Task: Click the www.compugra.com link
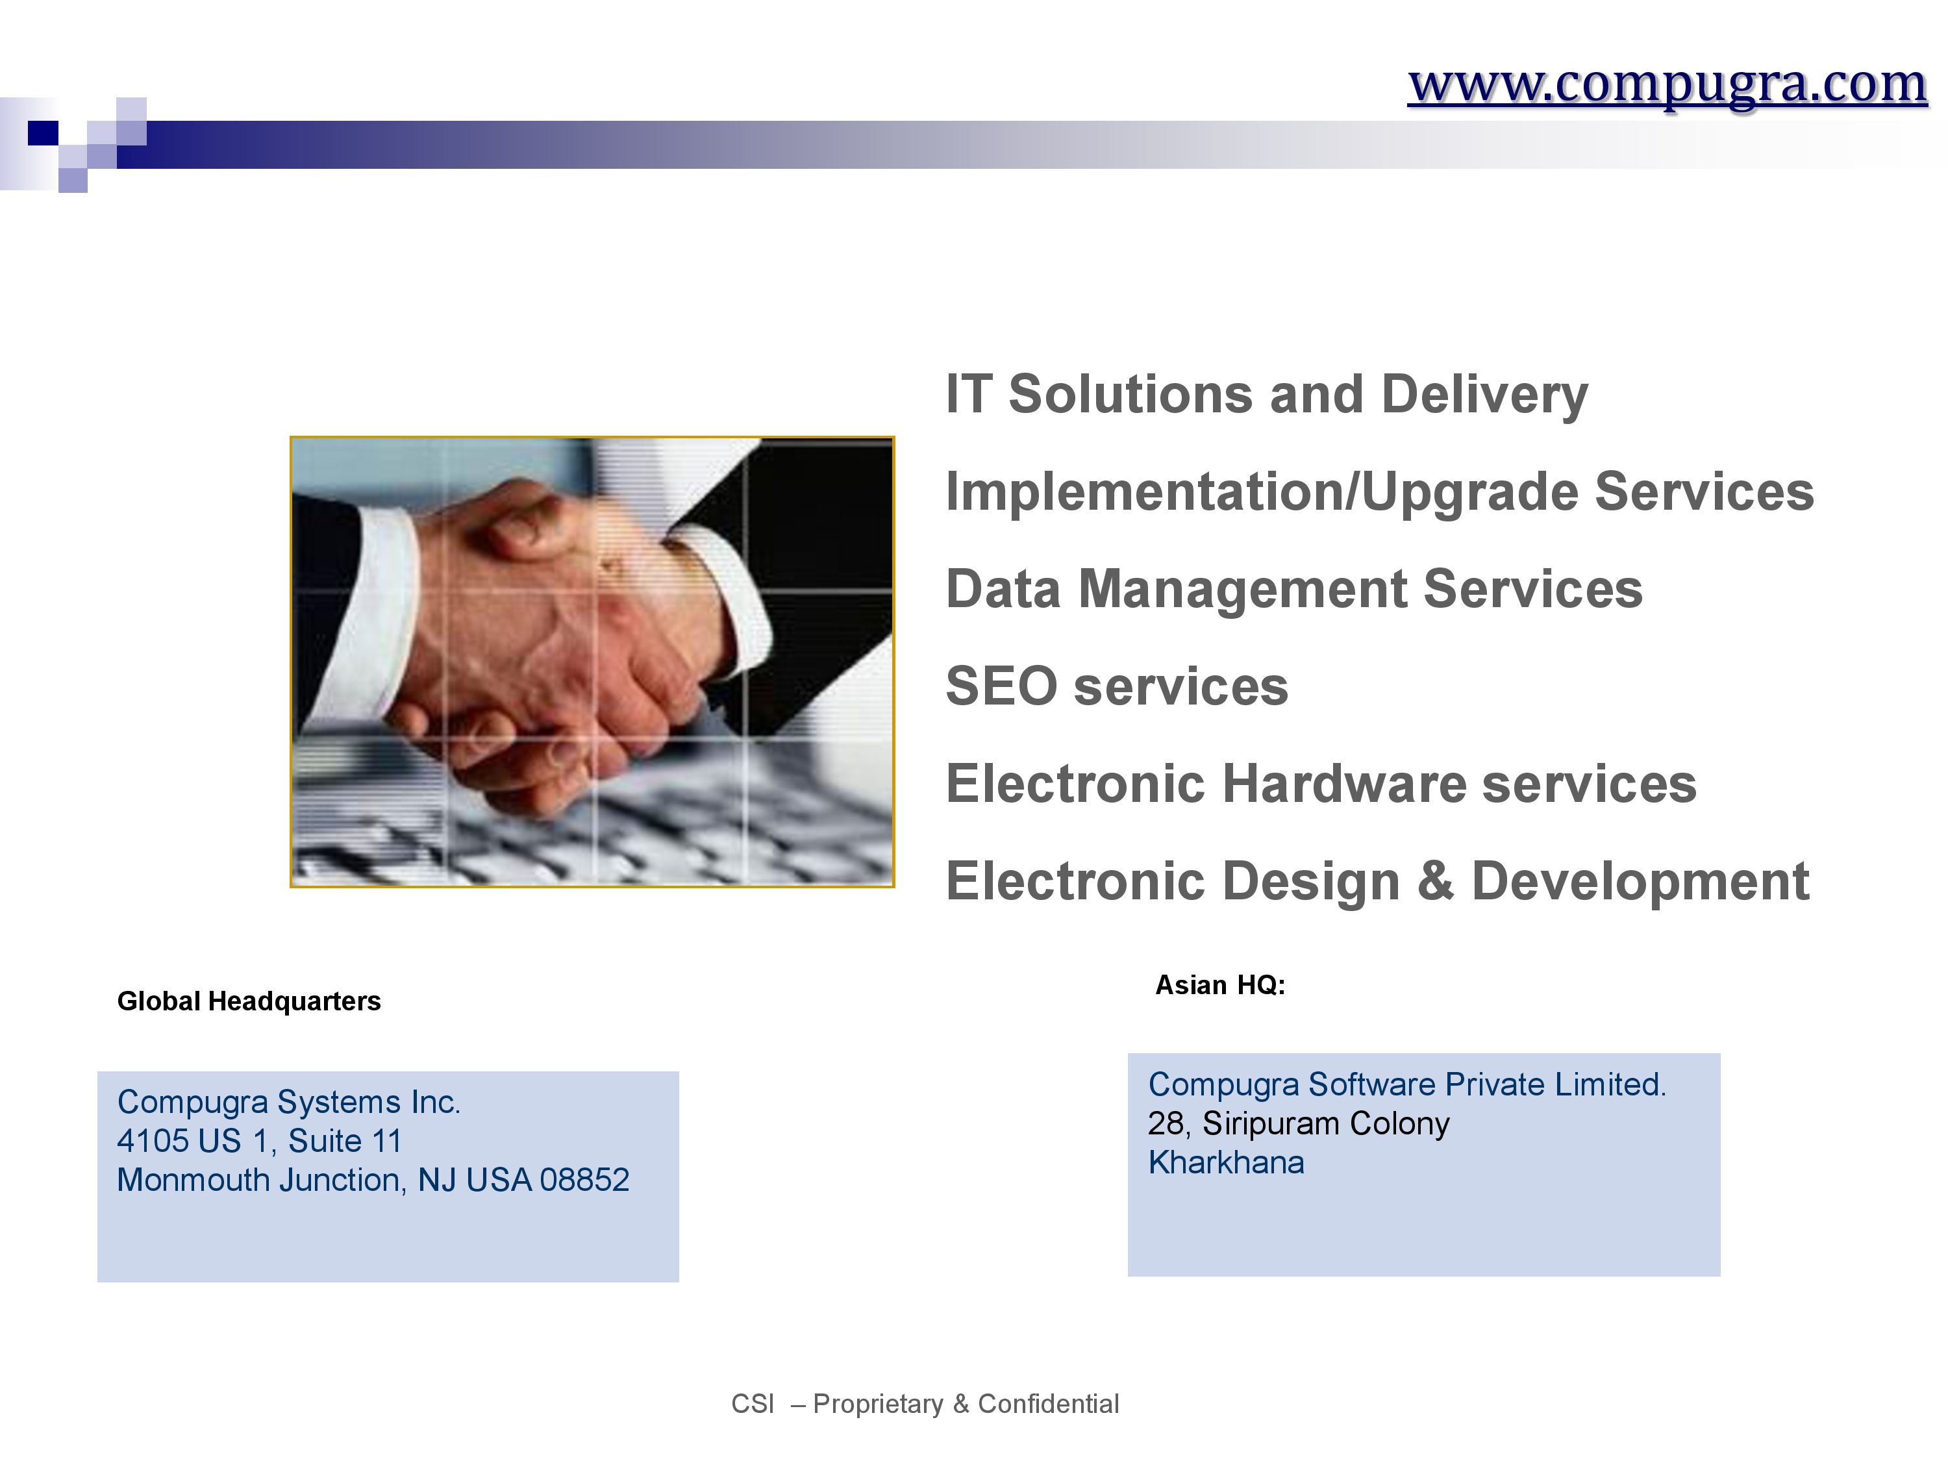(1667, 86)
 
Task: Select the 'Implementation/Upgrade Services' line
(1380, 492)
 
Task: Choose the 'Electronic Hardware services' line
(1321, 783)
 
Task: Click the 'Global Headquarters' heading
(249, 1001)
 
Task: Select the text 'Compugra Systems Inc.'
(289, 1102)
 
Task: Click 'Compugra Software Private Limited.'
(1407, 1084)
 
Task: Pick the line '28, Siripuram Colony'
(1298, 1124)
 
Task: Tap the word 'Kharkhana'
(1226, 1162)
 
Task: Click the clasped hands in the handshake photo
(564, 643)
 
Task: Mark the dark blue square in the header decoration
(43, 133)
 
